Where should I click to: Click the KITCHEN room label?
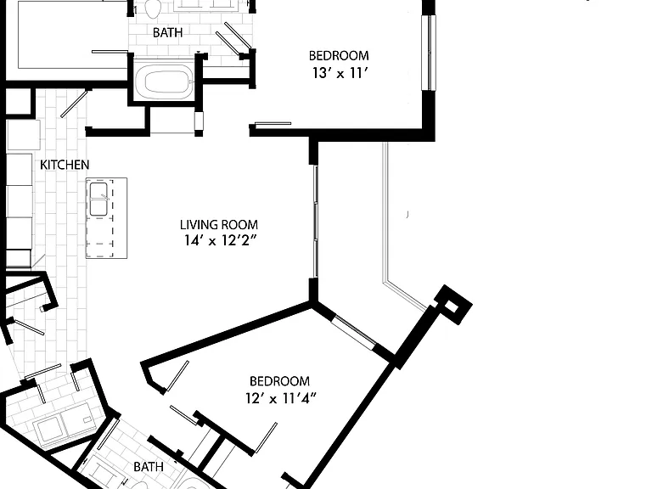pos(65,165)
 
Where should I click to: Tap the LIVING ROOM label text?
pos(219,224)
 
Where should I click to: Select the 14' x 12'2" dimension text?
pos(219,240)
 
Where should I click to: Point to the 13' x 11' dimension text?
pos(340,73)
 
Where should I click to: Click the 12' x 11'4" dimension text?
pos(281,398)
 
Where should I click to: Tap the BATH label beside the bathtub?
pos(167,32)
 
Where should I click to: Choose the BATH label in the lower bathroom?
pos(149,467)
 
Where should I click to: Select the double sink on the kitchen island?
pos(99,200)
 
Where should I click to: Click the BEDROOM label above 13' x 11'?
pos(339,55)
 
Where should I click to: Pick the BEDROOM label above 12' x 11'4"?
pos(279,381)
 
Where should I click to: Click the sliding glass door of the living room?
pos(316,222)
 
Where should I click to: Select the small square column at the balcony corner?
pos(453,305)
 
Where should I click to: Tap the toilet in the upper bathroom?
pos(153,8)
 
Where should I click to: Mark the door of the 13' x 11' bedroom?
pos(273,124)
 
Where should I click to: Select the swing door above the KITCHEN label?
pos(74,104)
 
